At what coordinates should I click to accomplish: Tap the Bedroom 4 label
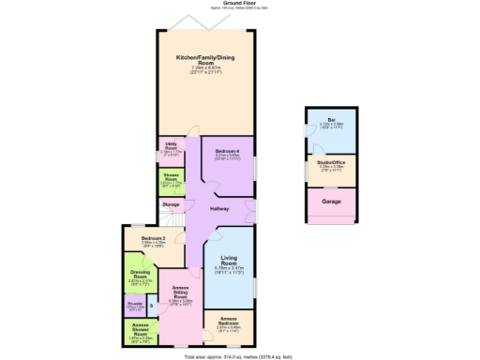coord(226,151)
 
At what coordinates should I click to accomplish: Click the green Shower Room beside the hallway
coord(171,179)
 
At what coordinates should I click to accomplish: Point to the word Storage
coord(171,203)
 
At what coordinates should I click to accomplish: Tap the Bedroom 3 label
coord(154,239)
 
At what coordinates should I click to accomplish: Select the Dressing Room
coord(140,276)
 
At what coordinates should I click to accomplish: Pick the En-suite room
coord(135,306)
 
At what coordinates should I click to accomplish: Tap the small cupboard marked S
coord(151,307)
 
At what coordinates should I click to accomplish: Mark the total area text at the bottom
coord(238,355)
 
